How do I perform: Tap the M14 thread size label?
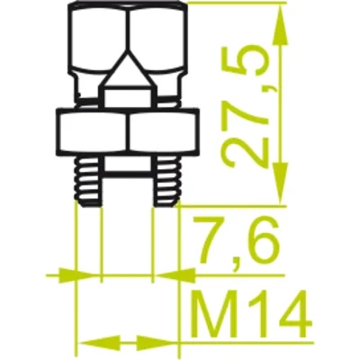tap(253, 316)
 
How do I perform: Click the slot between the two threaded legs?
tap(126, 184)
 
